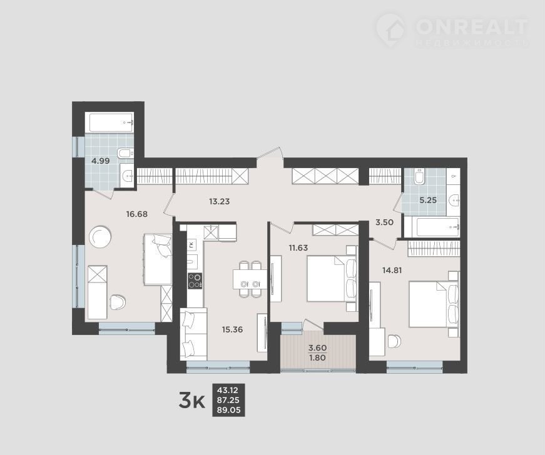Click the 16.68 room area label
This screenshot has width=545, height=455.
[x=137, y=214]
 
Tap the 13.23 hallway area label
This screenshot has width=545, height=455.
[x=220, y=201]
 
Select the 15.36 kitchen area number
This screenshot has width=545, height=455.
[x=232, y=329]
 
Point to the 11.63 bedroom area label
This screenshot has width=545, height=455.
[x=298, y=247]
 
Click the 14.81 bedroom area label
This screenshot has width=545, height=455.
[x=392, y=270]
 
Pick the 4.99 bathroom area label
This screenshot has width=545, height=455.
[x=101, y=161]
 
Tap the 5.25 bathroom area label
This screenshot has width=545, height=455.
[x=428, y=200]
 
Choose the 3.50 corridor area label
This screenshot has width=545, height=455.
[x=384, y=222]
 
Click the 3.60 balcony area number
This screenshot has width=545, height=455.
[x=318, y=347]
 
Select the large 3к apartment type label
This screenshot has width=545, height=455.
[x=191, y=401]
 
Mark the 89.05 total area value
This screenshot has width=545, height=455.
[x=229, y=410]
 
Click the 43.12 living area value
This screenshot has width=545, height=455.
[x=227, y=390]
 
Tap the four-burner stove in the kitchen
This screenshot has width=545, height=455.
[x=195, y=281]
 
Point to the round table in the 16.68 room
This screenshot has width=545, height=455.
[x=100, y=237]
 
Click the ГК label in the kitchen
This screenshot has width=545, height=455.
[x=191, y=245]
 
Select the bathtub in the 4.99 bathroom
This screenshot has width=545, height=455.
[x=110, y=122]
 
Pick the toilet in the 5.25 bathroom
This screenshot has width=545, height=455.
[x=419, y=177]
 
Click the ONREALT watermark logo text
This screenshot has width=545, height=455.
[x=472, y=26]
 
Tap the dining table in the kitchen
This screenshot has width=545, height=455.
[x=250, y=279]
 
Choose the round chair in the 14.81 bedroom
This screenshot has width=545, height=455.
[x=394, y=341]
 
